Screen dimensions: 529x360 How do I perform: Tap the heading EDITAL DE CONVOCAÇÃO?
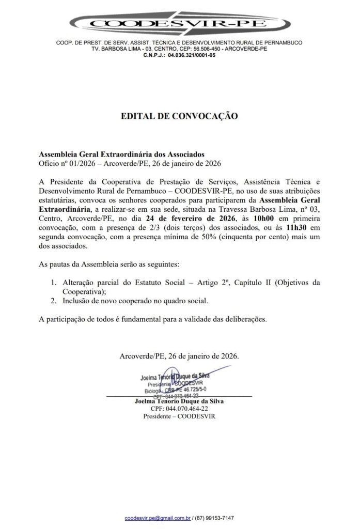179,116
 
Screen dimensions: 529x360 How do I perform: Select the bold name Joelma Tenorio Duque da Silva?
179,401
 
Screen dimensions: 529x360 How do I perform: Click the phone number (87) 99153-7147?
216,518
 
